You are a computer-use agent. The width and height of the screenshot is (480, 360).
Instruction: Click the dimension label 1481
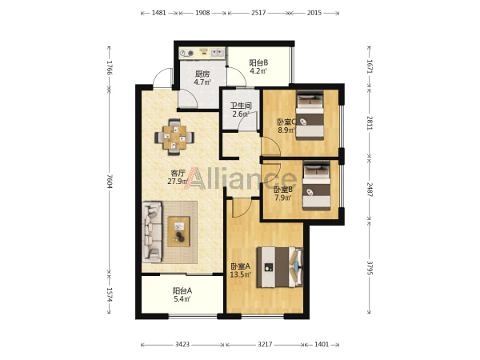pos(159,13)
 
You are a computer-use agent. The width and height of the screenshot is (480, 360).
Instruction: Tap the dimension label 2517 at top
pos(258,13)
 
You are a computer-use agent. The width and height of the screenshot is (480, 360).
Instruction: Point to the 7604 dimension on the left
pos(110,182)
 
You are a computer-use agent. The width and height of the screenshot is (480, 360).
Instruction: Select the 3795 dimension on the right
pos(370,267)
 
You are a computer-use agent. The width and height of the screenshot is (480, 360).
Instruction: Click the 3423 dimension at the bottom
pos(182,344)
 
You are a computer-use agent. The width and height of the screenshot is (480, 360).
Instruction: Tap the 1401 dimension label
pos(322,344)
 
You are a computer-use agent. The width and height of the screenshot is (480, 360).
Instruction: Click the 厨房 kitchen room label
pos(202,74)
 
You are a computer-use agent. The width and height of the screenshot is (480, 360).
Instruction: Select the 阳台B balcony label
pos(258,63)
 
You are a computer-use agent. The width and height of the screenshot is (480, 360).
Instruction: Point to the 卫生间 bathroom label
pos(241,106)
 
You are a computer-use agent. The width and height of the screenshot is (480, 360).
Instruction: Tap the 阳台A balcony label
pos(182,290)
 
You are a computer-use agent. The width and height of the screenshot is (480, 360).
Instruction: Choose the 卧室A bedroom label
pos(240,266)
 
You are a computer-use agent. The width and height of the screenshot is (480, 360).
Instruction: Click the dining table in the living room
pos(174,137)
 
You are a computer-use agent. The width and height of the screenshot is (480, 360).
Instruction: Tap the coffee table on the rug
pos(178,231)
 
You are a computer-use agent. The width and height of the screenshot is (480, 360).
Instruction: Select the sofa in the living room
pos(152,232)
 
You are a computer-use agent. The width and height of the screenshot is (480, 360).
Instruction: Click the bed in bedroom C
pos(310,115)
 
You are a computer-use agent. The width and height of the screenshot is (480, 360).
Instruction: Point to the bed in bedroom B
pos(317,186)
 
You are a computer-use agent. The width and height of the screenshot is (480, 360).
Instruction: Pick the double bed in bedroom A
pos(280,267)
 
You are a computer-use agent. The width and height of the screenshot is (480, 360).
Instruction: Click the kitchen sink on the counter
pos(218,53)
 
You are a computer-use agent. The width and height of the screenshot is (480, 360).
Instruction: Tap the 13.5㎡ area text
pos(241,274)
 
